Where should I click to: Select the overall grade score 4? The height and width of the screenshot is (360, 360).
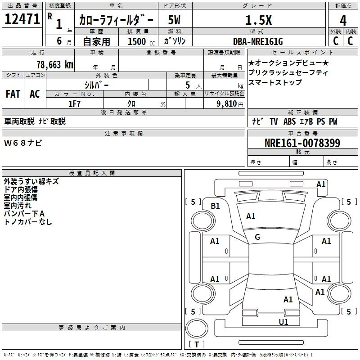point(343,20)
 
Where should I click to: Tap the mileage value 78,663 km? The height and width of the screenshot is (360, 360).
point(54,64)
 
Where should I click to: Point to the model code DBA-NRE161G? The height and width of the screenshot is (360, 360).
point(258,41)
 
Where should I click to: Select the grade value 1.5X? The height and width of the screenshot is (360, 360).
point(258,20)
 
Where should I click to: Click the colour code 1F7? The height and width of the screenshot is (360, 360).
point(74,103)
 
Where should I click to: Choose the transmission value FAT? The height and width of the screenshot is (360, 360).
point(13,94)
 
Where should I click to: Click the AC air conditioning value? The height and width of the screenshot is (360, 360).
point(35,94)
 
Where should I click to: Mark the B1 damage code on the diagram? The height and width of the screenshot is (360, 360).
point(216,206)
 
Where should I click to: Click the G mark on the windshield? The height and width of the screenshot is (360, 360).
point(257,237)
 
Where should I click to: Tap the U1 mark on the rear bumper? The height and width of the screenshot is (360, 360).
point(283,322)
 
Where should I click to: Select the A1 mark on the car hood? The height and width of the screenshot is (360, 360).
point(251,216)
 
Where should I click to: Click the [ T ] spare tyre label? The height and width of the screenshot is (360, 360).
point(196,344)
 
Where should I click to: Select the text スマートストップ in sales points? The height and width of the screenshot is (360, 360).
point(275,82)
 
